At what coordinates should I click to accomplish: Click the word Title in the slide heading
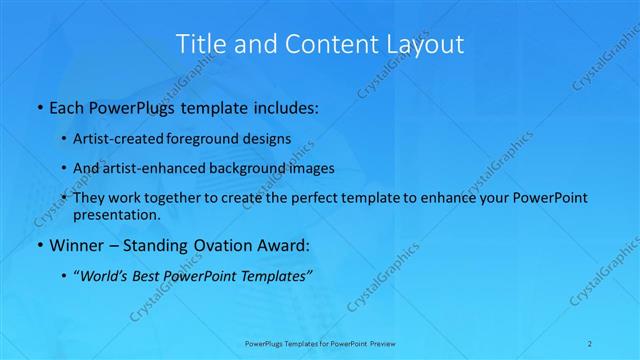(200, 44)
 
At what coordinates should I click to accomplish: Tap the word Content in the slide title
(320, 44)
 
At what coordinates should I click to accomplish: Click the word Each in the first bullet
(67, 105)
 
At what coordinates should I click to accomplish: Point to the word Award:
(282, 245)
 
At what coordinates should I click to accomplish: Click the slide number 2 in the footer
(592, 343)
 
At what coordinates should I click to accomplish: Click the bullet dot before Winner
(39, 245)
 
